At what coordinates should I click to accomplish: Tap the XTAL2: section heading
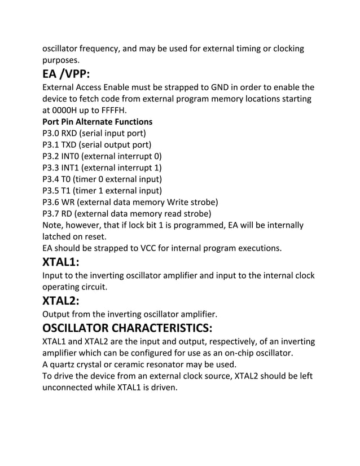click(x=61, y=300)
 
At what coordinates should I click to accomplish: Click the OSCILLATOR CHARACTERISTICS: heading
click(x=127, y=328)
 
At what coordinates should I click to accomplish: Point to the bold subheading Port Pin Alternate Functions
click(x=98, y=121)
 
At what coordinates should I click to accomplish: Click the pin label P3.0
click(x=51, y=133)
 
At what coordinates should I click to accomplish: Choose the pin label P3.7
click(x=51, y=213)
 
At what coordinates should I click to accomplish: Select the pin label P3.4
click(x=51, y=179)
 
